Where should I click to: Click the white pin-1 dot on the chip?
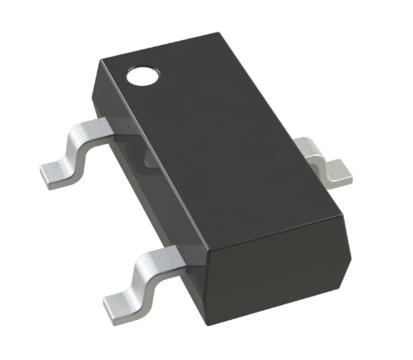click(x=140, y=77)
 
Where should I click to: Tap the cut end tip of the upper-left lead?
click(x=43, y=175)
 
